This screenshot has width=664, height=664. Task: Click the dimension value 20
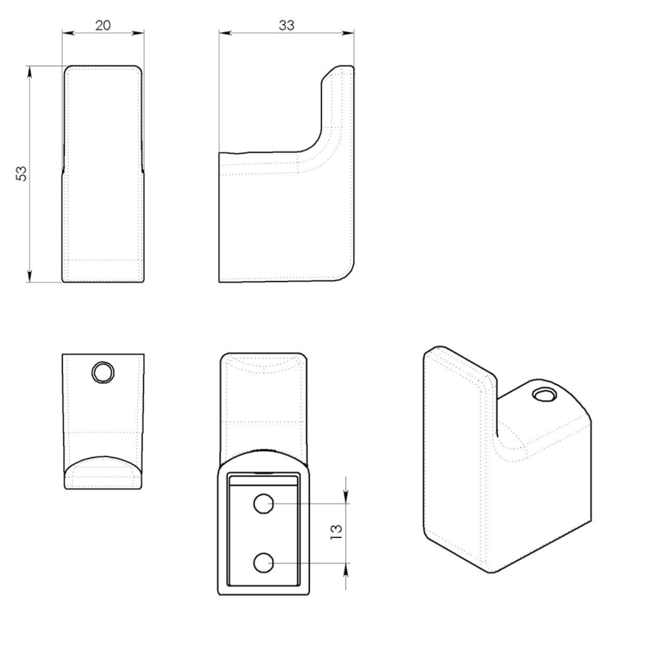[103, 25]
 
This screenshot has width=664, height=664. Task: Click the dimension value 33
[287, 25]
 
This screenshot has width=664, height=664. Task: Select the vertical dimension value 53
[21, 173]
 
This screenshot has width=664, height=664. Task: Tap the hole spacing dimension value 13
[336, 531]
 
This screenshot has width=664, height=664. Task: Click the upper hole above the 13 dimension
[263, 504]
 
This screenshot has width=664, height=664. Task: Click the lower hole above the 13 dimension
[263, 563]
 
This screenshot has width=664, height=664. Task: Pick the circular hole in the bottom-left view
[103, 373]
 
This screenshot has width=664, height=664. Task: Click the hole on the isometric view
[544, 395]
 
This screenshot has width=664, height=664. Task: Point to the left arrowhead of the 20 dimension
[68, 32]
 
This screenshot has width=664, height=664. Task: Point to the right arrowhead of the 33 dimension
[348, 32]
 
